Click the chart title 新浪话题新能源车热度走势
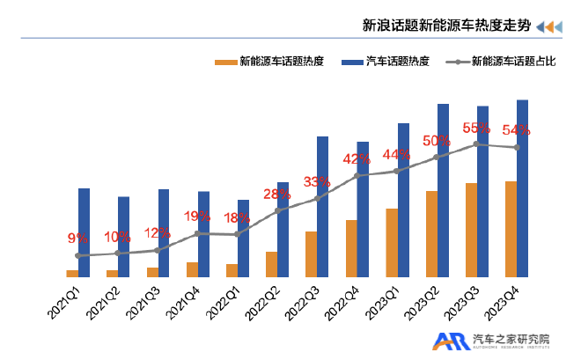click(x=446, y=26)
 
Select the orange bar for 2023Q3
click(x=471, y=230)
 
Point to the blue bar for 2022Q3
click(x=323, y=206)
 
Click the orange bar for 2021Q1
click(x=72, y=273)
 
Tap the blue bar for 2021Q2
click(x=124, y=236)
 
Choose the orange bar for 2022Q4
click(x=351, y=248)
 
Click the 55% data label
click(x=476, y=129)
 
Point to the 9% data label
click(x=78, y=238)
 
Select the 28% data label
click(x=277, y=195)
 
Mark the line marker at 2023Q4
click(x=517, y=147)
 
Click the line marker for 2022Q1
click(x=238, y=234)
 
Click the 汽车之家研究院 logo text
click(x=511, y=337)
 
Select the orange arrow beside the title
click(x=549, y=26)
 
